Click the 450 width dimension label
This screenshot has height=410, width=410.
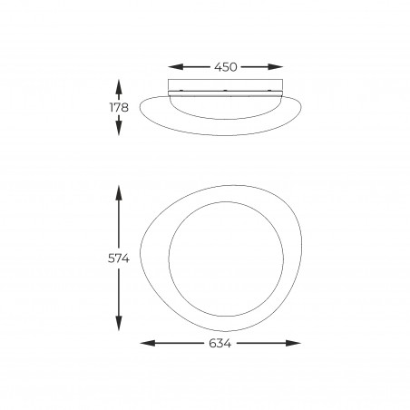click(x=226, y=67)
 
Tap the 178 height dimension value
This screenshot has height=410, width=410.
click(x=119, y=107)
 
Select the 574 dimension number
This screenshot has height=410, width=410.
click(x=119, y=259)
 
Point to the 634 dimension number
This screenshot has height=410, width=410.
click(x=220, y=343)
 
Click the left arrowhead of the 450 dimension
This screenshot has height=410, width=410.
click(x=175, y=67)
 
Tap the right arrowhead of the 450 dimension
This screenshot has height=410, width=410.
click(x=276, y=67)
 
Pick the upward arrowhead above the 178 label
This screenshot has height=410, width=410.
click(x=119, y=87)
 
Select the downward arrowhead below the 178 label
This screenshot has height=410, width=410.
click(x=119, y=128)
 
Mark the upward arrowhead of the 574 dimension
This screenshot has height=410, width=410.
click(x=119, y=193)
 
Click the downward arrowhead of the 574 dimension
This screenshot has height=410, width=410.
click(x=119, y=323)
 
